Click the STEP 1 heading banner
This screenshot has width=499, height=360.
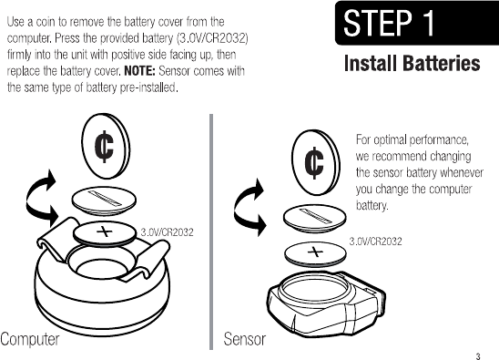pyautogui.click(x=417, y=23)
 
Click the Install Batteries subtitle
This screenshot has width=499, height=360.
pyautogui.click(x=412, y=63)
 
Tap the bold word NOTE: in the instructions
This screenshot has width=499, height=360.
pyautogui.click(x=139, y=71)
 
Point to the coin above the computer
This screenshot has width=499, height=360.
pyautogui.click(x=106, y=148)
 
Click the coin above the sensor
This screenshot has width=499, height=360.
pyautogui.click(x=316, y=162)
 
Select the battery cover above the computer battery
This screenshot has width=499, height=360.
pyautogui.click(x=104, y=201)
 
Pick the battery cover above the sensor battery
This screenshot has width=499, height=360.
pyautogui.click(x=315, y=219)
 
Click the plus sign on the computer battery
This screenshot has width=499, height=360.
pyautogui.click(x=105, y=231)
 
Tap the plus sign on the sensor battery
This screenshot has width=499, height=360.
pyautogui.click(x=315, y=252)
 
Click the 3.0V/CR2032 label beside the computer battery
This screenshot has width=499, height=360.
pyautogui.click(x=167, y=231)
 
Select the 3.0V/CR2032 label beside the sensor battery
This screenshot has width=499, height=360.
pyautogui.click(x=375, y=242)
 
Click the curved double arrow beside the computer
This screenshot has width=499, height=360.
pyautogui.click(x=29, y=199)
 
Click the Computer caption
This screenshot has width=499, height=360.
pyautogui.click(x=30, y=339)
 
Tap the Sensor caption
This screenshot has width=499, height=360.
pyautogui.click(x=244, y=339)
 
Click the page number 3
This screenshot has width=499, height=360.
pyautogui.click(x=478, y=356)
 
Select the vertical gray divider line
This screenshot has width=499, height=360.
pyautogui.click(x=211, y=231)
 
